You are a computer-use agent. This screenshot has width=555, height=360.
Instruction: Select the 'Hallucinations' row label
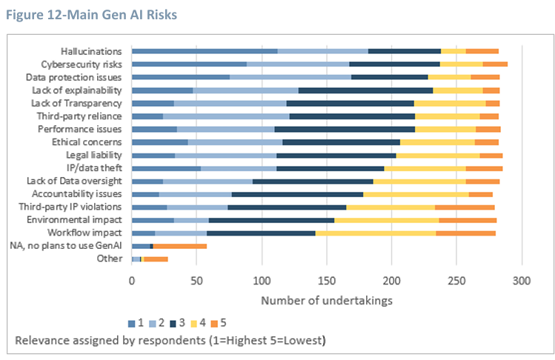click(x=92, y=51)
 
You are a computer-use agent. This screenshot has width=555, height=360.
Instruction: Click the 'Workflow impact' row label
click(x=87, y=233)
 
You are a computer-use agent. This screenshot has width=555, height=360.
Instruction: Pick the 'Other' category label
click(x=110, y=259)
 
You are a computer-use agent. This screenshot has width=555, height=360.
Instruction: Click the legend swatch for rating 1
click(x=131, y=322)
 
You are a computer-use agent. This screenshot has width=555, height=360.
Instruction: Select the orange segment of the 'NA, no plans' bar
click(x=180, y=245)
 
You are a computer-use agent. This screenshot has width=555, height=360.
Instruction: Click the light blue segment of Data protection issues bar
click(x=290, y=76)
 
